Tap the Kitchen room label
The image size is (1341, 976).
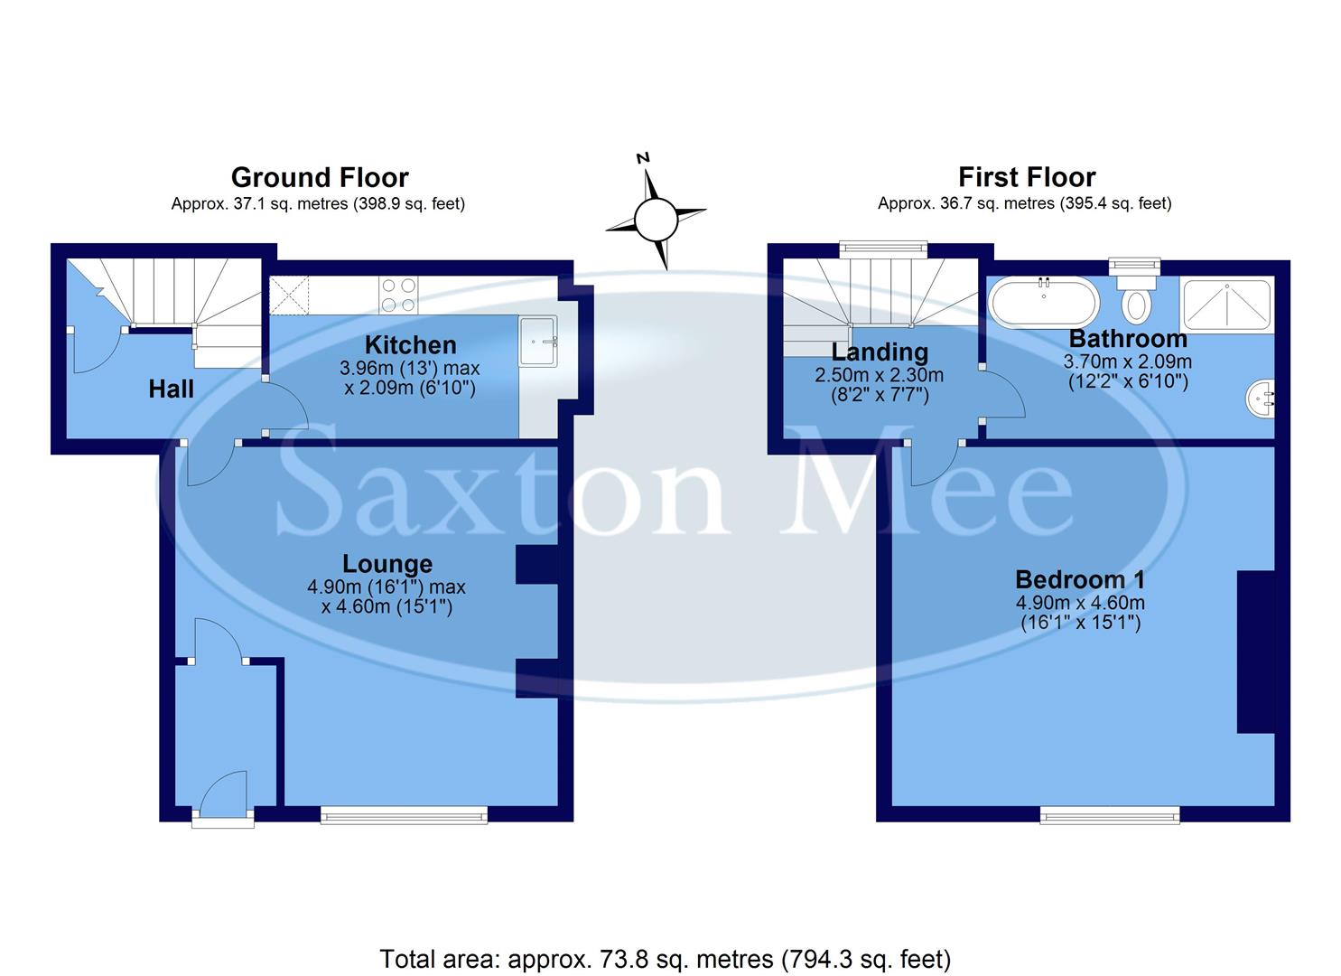pos(410,345)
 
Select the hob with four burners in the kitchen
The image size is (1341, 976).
pos(398,293)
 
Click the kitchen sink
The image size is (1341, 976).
pos(539,341)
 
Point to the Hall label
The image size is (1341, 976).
pos(171,389)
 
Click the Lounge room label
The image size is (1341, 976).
pos(387,564)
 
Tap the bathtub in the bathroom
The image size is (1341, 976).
pos(1044,301)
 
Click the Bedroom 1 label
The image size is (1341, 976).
pos(1080,579)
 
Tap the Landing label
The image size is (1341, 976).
pos(880,352)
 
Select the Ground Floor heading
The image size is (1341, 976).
pos(320,177)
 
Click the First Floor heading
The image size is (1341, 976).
pos(1027,177)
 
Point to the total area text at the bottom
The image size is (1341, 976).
pos(666,959)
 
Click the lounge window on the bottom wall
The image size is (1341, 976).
pos(404,815)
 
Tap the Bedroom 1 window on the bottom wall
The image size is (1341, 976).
pos(1110,815)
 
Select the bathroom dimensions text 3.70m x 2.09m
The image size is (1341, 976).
pos(1127,361)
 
